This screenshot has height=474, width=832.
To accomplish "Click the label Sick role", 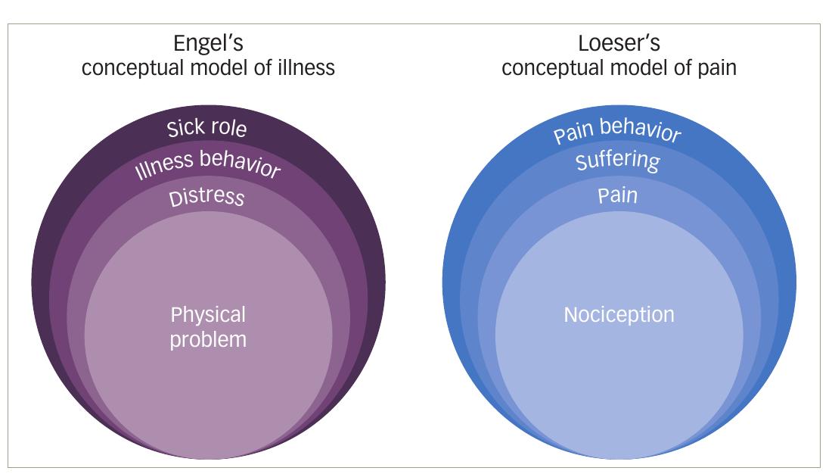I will point(206,126).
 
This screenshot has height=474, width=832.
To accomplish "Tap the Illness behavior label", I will point(207,164).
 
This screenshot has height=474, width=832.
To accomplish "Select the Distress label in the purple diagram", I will point(206,198).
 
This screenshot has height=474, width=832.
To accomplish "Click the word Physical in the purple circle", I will point(208,315).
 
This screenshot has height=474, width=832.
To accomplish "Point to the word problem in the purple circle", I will point(208,339).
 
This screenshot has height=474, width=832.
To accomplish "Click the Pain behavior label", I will point(617,131).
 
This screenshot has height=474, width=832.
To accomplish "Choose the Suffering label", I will point(618,161).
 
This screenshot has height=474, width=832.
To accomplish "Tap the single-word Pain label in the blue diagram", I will point(618,195).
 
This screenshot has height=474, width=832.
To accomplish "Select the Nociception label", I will point(619,314).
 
